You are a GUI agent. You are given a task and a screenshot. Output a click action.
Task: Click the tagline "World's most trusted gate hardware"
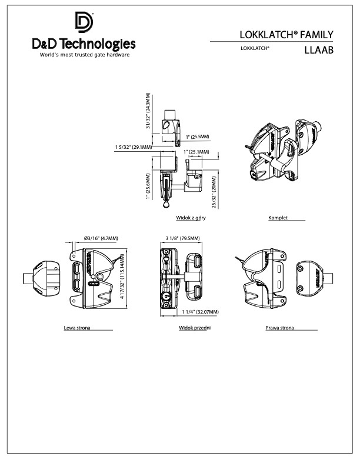(84, 55)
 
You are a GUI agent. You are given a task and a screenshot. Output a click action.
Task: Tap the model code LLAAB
(319, 50)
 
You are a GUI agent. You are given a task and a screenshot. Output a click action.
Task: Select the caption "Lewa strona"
(77, 327)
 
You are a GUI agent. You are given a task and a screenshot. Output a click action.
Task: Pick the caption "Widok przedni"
(195, 327)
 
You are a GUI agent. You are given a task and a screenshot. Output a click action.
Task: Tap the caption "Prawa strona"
(280, 327)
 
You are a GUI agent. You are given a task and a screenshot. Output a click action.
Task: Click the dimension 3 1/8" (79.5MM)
(183, 238)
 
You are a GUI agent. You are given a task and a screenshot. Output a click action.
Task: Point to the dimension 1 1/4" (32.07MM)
(201, 311)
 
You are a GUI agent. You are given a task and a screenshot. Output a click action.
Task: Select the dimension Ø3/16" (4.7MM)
(101, 238)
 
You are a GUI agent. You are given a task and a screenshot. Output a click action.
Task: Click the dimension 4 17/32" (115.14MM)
(124, 277)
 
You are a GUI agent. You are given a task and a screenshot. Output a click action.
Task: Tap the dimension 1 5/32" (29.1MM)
(134, 147)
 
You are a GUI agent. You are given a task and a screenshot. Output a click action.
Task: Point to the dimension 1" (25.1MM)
(197, 152)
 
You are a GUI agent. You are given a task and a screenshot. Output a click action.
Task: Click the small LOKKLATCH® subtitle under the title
(255, 49)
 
